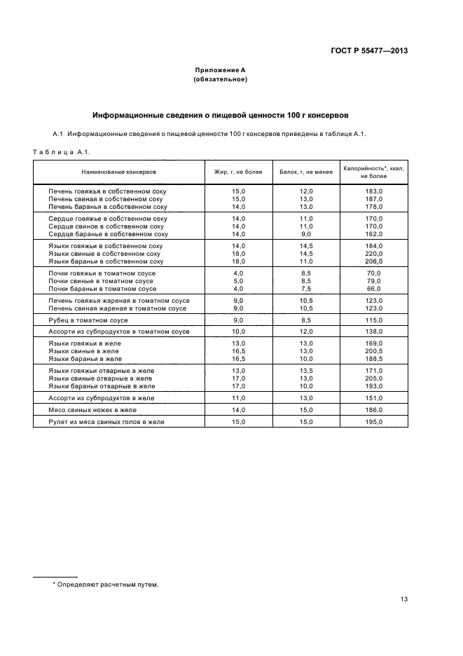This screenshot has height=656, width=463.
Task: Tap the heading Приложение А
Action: point(220,70)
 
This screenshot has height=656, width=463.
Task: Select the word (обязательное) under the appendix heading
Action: point(220,79)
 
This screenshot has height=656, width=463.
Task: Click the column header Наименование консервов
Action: point(118,172)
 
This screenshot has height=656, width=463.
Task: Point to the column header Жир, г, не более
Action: point(237,172)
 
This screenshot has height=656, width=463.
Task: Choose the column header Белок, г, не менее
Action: point(305,172)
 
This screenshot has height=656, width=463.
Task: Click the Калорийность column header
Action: point(373,172)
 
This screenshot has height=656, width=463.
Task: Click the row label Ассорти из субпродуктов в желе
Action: point(101,398)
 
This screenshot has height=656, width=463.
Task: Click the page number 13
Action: point(404,599)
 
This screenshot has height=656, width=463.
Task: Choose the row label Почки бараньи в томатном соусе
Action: point(102,289)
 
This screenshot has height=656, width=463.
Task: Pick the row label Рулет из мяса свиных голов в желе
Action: point(106,421)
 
